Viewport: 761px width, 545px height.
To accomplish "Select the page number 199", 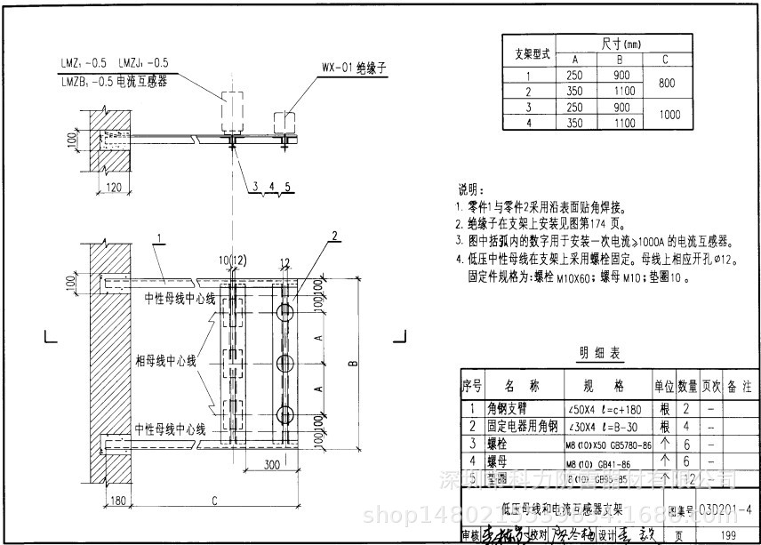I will click(728, 534).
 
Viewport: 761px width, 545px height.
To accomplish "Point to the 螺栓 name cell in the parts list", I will click(497, 443).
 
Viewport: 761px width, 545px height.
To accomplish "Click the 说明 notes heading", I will click(471, 190).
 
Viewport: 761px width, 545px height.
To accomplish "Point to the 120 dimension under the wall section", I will click(114, 187).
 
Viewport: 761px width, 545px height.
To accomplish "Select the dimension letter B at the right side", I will click(353, 363).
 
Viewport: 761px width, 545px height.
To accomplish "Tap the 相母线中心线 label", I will click(174, 362).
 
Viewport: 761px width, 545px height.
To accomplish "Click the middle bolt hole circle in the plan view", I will click(285, 363).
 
